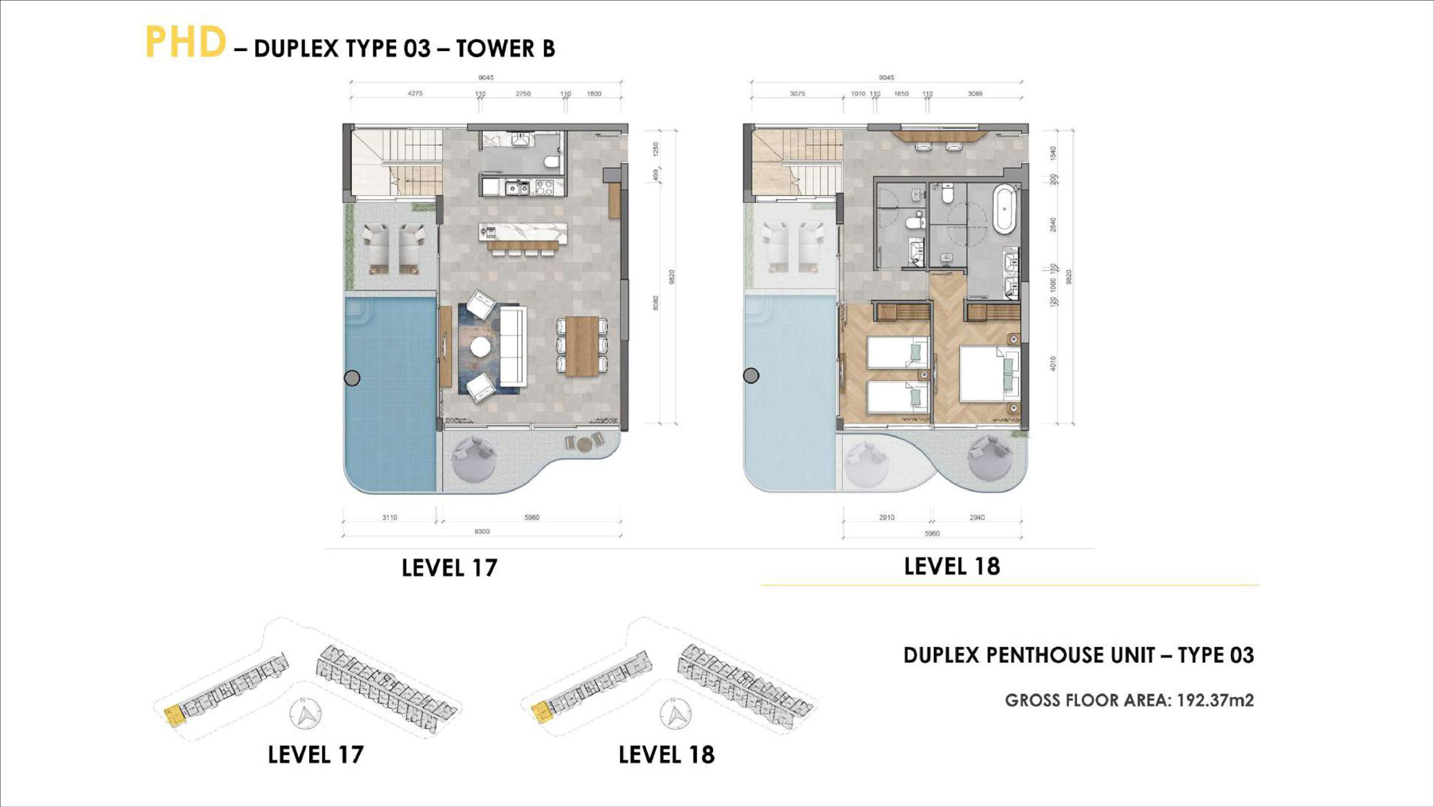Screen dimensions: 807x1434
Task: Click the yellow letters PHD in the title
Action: click(x=185, y=42)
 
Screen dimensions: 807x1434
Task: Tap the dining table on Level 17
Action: click(x=582, y=346)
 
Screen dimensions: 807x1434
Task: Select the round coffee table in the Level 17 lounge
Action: click(x=480, y=347)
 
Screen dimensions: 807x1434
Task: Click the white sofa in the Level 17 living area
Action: click(x=511, y=346)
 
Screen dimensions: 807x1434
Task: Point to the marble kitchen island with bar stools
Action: click(x=523, y=233)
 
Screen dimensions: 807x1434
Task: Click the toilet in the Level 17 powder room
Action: click(x=550, y=162)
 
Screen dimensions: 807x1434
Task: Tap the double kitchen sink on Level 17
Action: click(x=515, y=189)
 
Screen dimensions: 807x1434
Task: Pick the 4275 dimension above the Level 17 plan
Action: click(x=415, y=94)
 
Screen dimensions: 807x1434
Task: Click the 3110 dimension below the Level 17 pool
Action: click(x=390, y=518)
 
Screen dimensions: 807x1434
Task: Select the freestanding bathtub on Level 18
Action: click(x=1005, y=209)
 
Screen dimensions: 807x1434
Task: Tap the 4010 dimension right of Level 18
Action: click(x=1053, y=363)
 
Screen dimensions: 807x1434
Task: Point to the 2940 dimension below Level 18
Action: click(x=977, y=518)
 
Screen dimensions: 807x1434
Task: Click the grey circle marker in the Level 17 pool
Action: click(x=352, y=378)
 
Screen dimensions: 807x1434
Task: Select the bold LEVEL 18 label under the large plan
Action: click(x=951, y=566)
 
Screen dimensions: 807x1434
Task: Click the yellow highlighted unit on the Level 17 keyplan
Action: click(x=173, y=715)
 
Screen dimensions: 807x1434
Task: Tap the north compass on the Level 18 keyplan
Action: click(x=676, y=713)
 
